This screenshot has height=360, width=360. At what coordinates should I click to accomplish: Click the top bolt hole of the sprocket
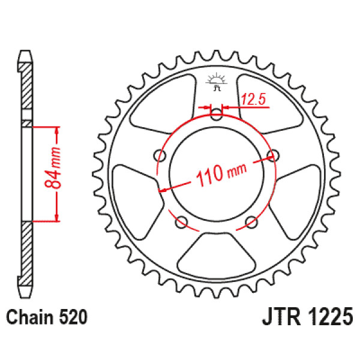[x=216, y=113]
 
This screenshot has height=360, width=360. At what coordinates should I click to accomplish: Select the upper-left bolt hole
[x=160, y=155]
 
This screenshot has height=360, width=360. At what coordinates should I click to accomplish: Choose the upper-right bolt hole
[x=274, y=155]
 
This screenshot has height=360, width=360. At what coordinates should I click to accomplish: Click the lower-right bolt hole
[x=251, y=223]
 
